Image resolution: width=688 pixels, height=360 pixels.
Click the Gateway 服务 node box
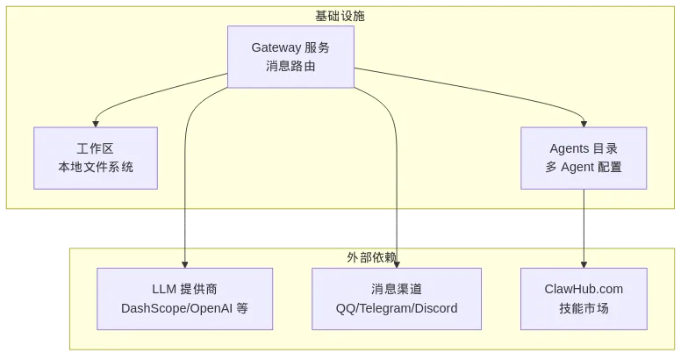290,56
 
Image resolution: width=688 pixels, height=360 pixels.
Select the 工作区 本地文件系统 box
96,158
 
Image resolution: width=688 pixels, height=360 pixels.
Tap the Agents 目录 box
584,158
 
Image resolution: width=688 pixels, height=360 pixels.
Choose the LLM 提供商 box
184,299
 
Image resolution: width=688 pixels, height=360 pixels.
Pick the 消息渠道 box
397,299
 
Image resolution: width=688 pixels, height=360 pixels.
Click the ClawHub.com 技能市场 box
584,299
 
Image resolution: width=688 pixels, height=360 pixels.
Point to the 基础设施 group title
340,16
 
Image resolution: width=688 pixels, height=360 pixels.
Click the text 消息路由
290,66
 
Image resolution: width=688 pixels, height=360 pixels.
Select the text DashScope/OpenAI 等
184,308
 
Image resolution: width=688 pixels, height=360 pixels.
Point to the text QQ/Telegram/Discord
397,308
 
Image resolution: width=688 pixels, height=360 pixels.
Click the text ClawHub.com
584,289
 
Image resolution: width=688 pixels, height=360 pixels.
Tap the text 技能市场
584,308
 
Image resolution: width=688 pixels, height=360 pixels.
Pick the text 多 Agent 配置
584,167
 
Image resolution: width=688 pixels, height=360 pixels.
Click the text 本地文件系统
96,167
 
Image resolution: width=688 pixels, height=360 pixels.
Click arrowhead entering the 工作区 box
96,124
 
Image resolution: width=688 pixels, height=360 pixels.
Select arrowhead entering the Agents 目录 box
584,124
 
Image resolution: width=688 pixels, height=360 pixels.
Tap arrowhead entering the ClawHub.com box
584,264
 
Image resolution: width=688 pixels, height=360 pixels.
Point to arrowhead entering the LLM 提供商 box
184,264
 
